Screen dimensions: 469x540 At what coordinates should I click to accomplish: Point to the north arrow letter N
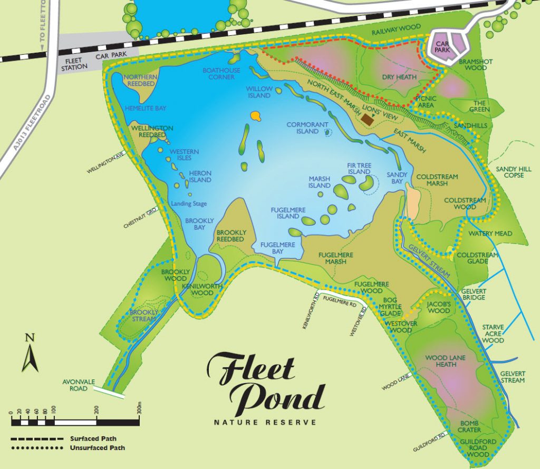point(30,338)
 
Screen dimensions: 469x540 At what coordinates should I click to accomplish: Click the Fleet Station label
point(71,63)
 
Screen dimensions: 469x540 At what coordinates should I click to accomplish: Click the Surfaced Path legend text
point(93,438)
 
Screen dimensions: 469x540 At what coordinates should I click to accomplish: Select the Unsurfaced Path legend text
point(97,448)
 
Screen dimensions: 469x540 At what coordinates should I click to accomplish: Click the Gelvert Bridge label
point(472,294)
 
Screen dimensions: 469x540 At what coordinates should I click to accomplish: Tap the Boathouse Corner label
point(221,74)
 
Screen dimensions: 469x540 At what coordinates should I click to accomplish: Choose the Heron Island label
point(200,177)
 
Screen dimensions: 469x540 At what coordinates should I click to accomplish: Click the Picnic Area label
point(425,102)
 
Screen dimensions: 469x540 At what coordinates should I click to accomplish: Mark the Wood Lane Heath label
point(446,361)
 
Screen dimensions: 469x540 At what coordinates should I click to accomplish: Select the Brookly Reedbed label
point(230,236)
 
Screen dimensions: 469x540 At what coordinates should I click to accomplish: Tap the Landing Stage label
point(188,204)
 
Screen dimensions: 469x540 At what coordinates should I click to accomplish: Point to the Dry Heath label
point(399,77)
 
